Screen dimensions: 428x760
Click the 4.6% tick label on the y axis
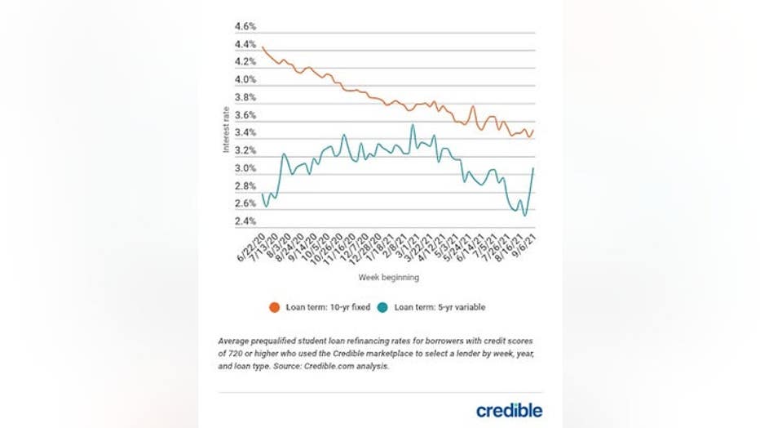coord(245,27)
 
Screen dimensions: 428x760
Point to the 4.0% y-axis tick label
coord(245,80)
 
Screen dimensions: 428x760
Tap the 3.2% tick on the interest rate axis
coord(245,151)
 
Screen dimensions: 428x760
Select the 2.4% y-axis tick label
coord(245,221)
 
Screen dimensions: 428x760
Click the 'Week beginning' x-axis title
coord(389,278)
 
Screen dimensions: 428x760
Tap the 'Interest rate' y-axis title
coord(227,129)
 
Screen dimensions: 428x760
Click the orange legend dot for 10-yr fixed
coord(275,307)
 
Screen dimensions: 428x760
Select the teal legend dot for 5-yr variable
coord(383,307)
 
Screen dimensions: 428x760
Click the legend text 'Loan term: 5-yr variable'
coord(440,307)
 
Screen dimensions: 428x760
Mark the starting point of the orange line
coord(263,48)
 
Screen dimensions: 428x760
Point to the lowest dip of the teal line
coord(524,216)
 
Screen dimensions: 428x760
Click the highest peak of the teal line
coord(412,125)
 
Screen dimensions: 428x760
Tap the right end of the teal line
coord(534,168)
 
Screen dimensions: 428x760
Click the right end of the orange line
coord(534,130)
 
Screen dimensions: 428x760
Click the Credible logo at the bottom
coord(509,410)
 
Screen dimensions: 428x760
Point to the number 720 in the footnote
coord(234,353)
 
